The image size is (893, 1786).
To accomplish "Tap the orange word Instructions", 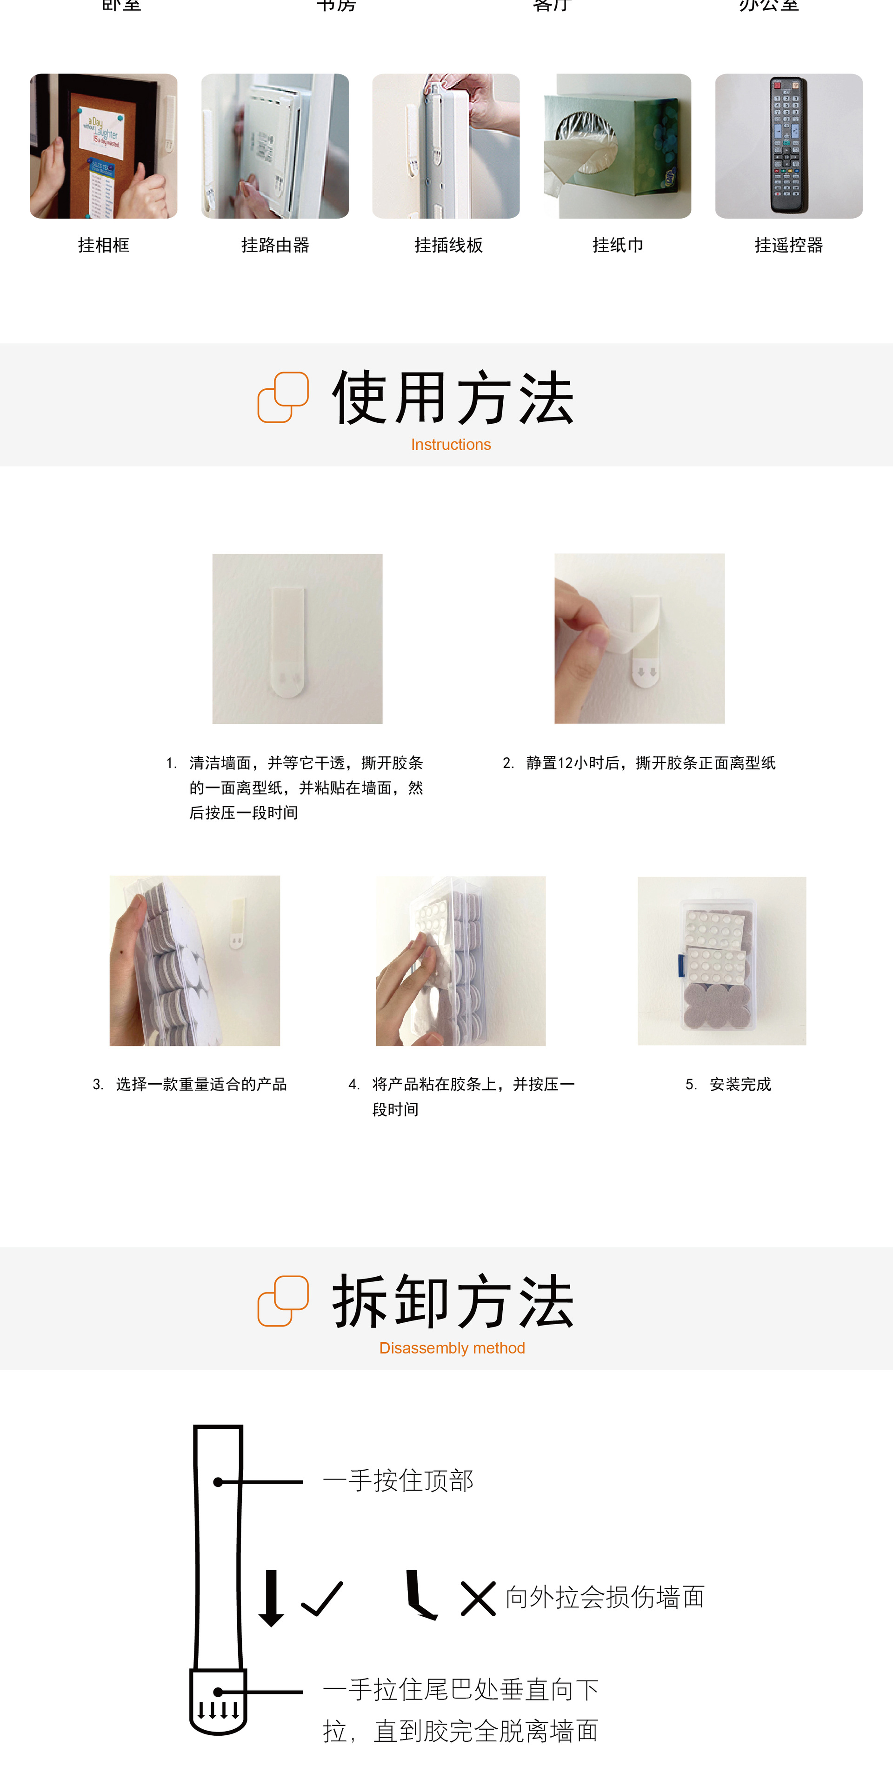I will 451,445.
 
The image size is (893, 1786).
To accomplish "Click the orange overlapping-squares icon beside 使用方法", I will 283,397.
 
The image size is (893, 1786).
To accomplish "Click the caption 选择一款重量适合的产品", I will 201,1084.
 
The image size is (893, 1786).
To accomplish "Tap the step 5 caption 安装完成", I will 740,1084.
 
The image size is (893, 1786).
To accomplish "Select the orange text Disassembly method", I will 452,1348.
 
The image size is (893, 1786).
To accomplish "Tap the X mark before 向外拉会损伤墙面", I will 478,1599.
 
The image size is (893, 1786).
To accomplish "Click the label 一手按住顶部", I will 398,1481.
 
